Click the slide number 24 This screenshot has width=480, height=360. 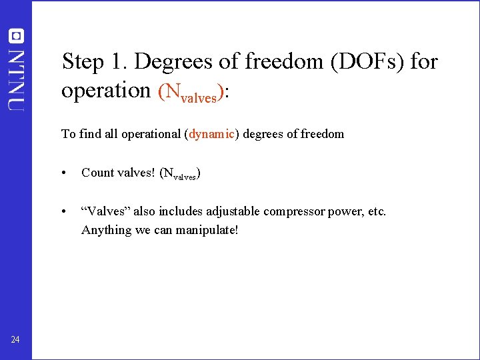[x=15, y=340]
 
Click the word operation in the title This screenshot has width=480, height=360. [x=106, y=90]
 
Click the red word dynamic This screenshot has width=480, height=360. [x=211, y=134]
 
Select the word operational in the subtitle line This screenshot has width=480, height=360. [x=150, y=134]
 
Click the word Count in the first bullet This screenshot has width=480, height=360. [x=97, y=173]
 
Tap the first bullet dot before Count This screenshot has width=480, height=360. [x=63, y=173]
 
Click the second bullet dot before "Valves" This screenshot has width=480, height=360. [x=63, y=212]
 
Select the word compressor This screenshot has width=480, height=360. [x=291, y=211]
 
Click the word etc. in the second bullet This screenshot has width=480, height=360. [x=376, y=211]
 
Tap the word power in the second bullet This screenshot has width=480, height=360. [x=339, y=211]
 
